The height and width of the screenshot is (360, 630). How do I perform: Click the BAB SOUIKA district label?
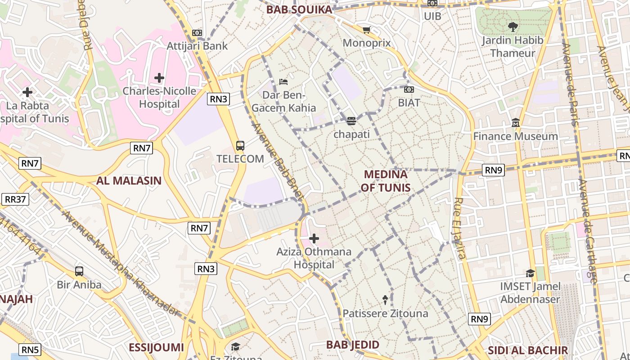pos(299,9)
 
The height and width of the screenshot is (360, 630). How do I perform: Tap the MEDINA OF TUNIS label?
pos(386,181)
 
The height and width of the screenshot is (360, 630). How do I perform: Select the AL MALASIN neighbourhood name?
pos(129,181)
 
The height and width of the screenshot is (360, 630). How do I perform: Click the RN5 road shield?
pos(30,350)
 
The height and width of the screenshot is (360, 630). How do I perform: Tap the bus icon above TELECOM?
pos(240,146)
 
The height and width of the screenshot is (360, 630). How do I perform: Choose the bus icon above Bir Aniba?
pos(79,271)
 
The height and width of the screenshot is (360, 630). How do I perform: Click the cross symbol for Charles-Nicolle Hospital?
pos(159,78)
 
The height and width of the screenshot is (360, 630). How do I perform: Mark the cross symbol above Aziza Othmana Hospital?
pos(314,238)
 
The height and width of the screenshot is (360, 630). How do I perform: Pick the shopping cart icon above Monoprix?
pos(366,30)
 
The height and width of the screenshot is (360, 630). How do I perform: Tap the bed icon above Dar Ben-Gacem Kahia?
pos(283,82)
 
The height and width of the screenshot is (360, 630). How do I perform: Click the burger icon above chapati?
pos(351,121)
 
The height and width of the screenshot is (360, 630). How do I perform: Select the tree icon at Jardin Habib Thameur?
pos(512,27)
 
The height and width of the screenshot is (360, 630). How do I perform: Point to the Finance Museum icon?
pos(516,122)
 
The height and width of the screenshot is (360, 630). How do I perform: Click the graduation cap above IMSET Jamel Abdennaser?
pos(531,273)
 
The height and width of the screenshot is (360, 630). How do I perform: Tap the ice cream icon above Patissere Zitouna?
pos(385,299)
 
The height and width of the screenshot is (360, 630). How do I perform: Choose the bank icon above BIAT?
pos(409,90)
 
